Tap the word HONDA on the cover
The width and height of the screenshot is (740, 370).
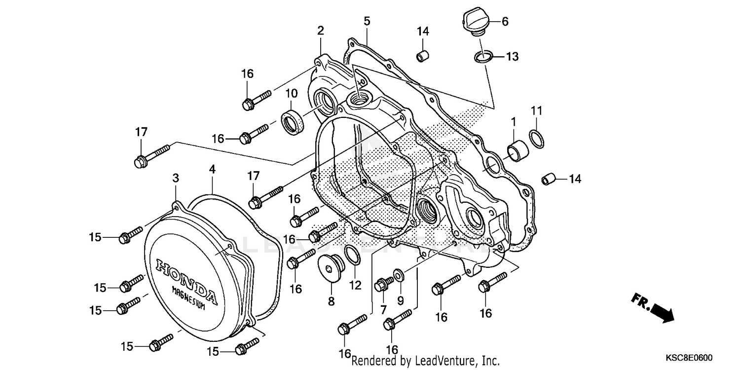point(186,280)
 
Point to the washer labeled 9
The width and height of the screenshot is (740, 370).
point(398,275)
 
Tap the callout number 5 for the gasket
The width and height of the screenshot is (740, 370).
point(367,21)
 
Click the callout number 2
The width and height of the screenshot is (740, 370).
point(321,31)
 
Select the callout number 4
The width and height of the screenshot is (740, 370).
point(212,169)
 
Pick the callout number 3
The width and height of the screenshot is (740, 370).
point(175,178)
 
